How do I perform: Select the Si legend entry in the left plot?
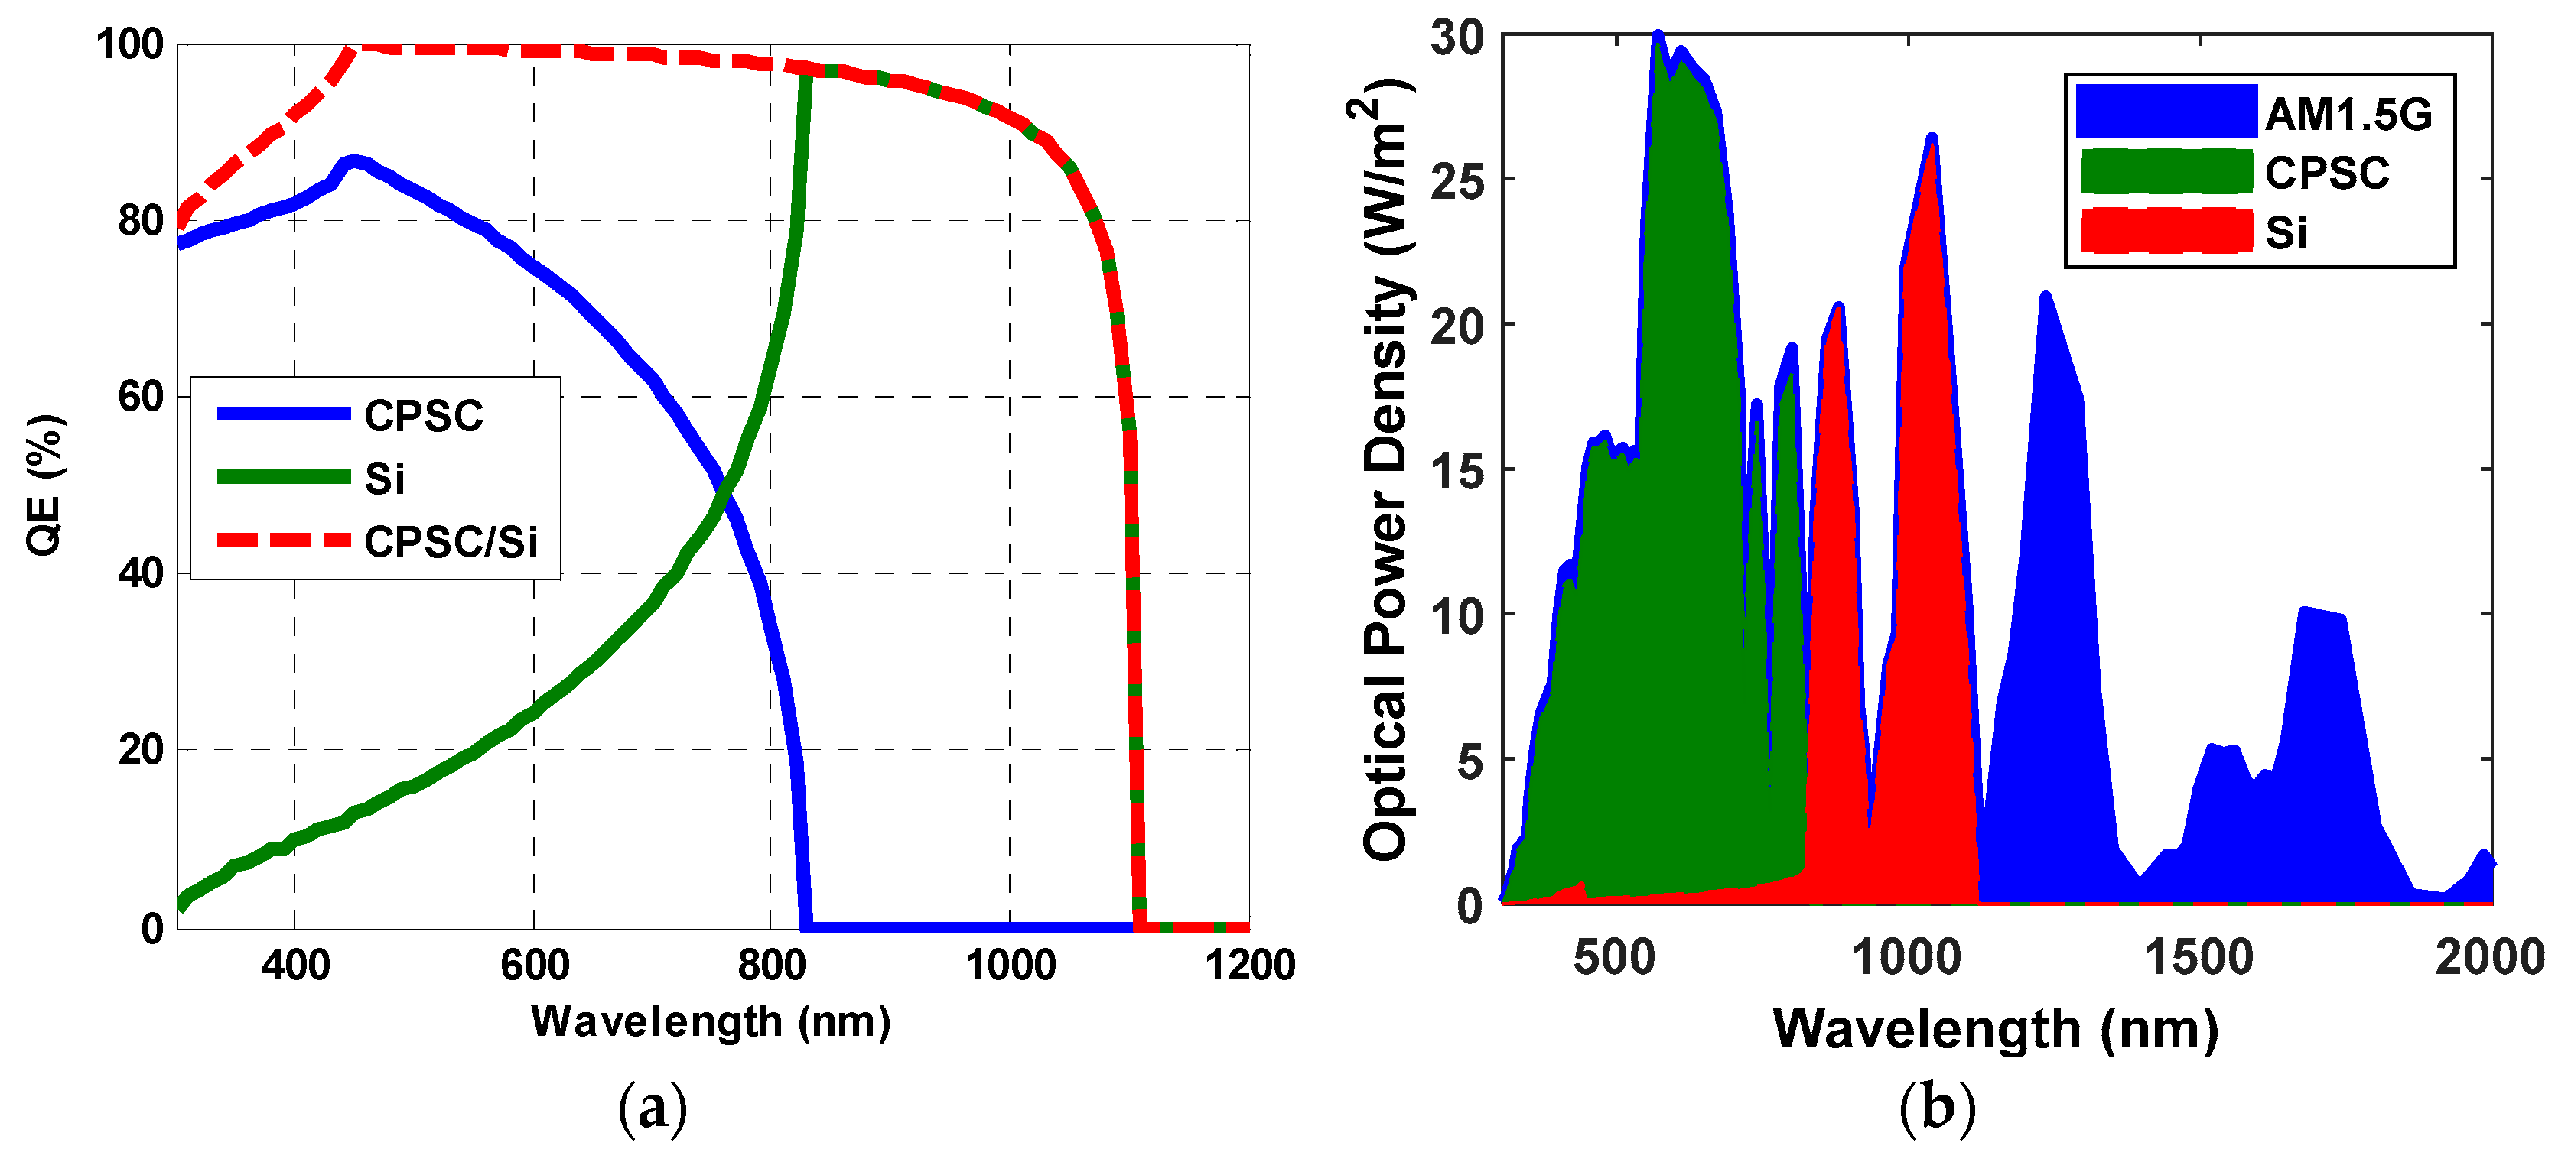pos(384,479)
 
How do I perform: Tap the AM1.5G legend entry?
pos(2348,115)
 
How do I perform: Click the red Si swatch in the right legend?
pos(2166,231)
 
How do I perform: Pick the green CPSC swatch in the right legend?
pos(2166,171)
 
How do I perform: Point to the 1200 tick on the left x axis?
pos(1249,965)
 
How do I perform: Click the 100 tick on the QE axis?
pos(129,45)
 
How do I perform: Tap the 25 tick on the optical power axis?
pos(1457,180)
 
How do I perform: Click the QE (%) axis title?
pos(45,485)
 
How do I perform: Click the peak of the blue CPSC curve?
pos(351,161)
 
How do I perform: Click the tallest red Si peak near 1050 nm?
pos(1931,140)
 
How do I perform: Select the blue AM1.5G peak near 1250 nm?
pos(2046,297)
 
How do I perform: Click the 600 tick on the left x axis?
pos(535,965)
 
